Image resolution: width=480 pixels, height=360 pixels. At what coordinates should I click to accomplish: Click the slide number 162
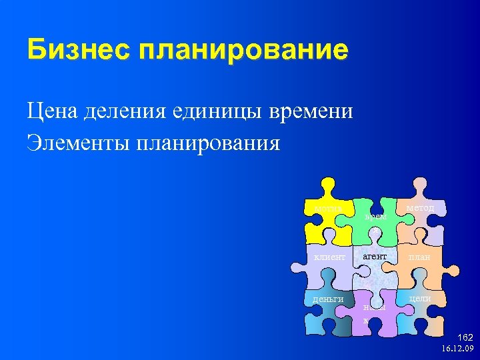coord(464,338)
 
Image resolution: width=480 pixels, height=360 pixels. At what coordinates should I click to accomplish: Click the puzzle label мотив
coord(327,209)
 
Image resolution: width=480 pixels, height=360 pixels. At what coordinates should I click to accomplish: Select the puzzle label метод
coord(420,208)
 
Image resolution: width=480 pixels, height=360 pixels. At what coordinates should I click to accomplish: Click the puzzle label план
coord(419,257)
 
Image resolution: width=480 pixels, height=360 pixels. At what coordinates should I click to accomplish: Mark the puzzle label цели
coord(420,298)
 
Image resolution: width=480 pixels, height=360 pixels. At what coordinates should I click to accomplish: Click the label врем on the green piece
coord(375,216)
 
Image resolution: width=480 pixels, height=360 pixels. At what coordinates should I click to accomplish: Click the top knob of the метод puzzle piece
coord(419,185)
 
